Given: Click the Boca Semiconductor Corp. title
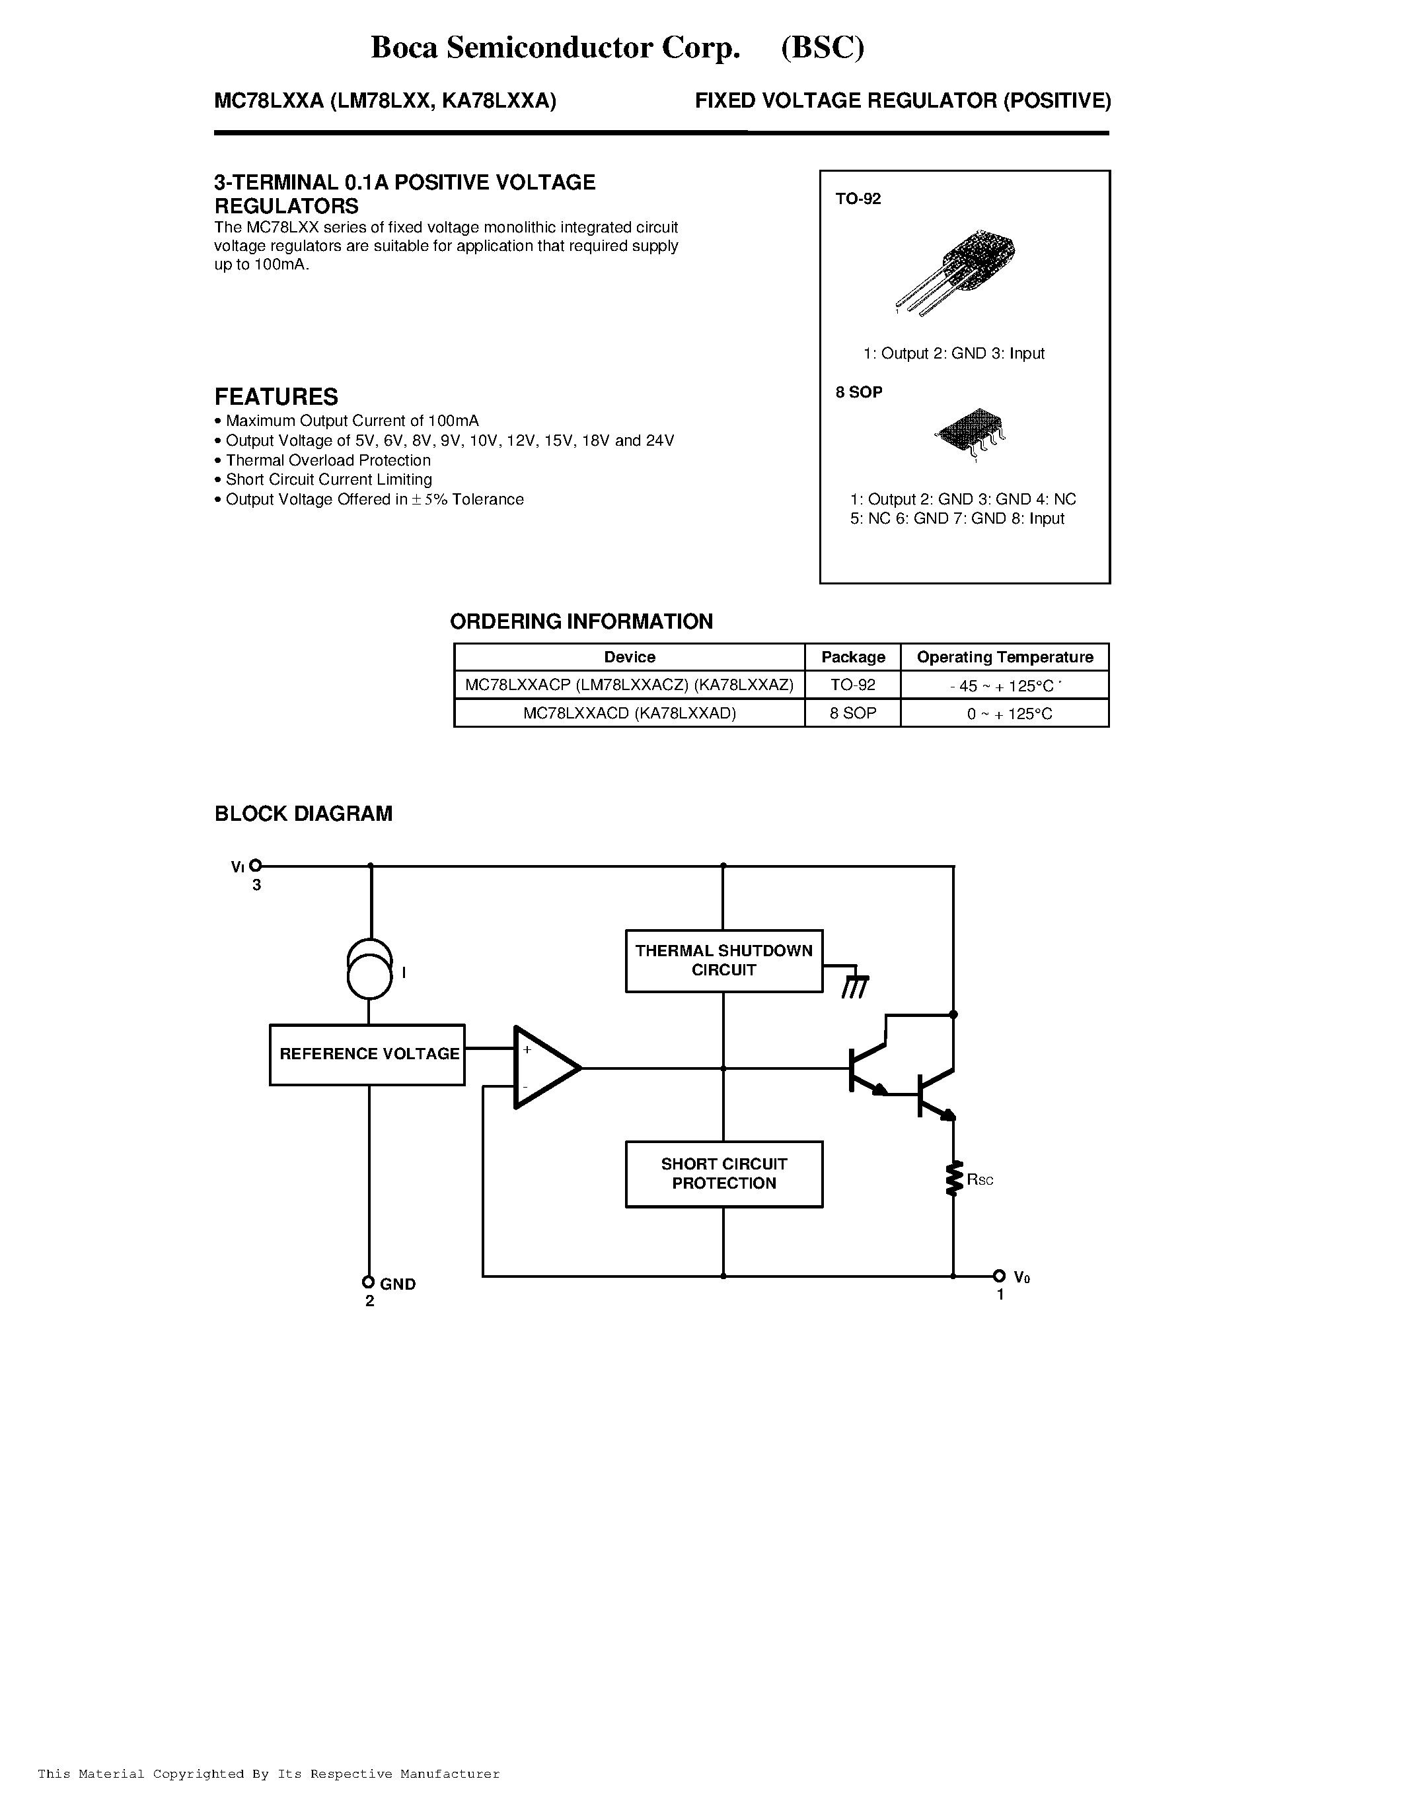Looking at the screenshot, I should click(555, 48).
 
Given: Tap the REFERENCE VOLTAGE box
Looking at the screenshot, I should click(367, 1055).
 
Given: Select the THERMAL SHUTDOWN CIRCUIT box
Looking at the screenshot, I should click(723, 960).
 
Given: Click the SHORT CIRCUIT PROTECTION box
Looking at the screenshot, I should click(723, 1173).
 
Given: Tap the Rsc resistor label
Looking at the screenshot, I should click(980, 1180).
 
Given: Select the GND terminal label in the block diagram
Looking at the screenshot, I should click(398, 1284).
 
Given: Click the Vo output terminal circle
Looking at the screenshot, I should click(999, 1276).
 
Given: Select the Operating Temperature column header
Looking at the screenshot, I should click(1005, 657).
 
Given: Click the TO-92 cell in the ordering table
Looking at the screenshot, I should click(852, 685).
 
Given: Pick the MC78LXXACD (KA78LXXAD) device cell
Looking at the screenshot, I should click(630, 713).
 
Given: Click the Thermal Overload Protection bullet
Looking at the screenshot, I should click(328, 460).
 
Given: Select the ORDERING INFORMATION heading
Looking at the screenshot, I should click(581, 622).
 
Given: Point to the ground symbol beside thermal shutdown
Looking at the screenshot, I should click(854, 985).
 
